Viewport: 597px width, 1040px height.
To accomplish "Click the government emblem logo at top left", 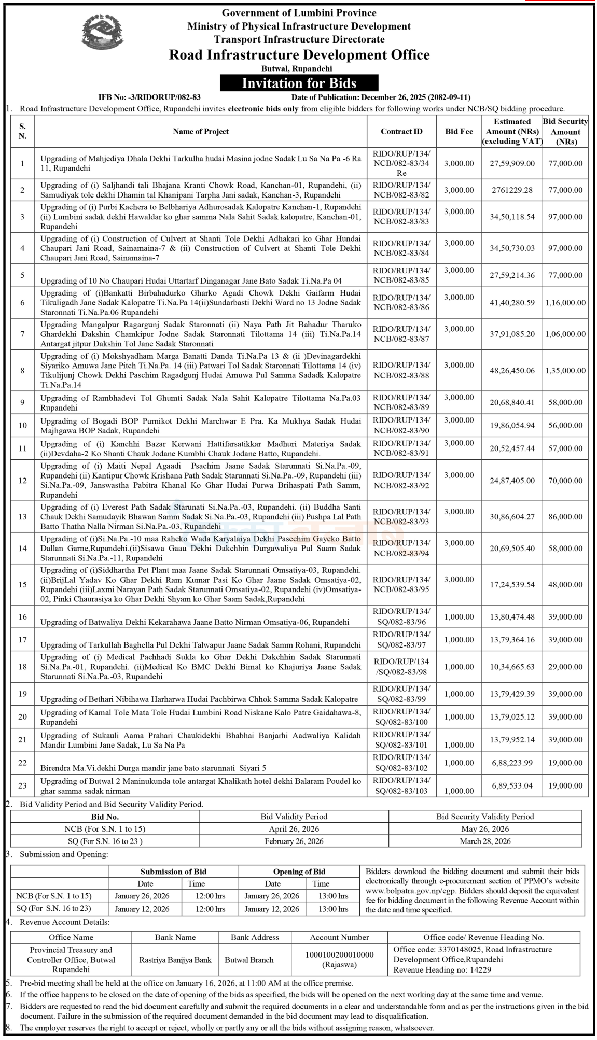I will pyautogui.click(x=102, y=32).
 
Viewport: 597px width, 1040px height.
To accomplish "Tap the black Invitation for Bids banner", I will pyautogui.click(x=299, y=83).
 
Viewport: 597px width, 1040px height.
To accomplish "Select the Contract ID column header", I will pyautogui.click(x=401, y=132).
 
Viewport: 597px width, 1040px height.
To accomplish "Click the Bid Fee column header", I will pyautogui.click(x=459, y=132).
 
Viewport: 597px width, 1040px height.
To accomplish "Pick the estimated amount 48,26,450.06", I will pyautogui.click(x=512, y=371).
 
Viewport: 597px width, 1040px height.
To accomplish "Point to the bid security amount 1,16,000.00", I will pyautogui.click(x=565, y=303).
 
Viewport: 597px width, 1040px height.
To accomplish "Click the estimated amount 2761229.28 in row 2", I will pyautogui.click(x=512, y=190).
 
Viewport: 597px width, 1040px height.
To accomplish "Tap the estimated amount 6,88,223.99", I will pyautogui.click(x=512, y=763).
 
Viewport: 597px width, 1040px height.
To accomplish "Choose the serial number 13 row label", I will pyautogui.click(x=22, y=517).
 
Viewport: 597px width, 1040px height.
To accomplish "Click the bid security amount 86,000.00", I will pyautogui.click(x=565, y=517).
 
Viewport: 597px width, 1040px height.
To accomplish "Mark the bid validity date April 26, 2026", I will pyautogui.click(x=294, y=829).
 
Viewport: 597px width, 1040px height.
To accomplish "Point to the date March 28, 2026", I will pyautogui.click(x=485, y=841).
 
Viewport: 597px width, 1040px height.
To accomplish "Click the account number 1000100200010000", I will pyautogui.click(x=339, y=954).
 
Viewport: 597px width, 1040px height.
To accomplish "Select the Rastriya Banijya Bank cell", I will pyautogui.click(x=175, y=960).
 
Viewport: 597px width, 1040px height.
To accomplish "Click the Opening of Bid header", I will pyautogui.click(x=299, y=872).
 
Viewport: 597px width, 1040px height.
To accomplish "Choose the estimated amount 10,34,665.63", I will pyautogui.click(x=512, y=667).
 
